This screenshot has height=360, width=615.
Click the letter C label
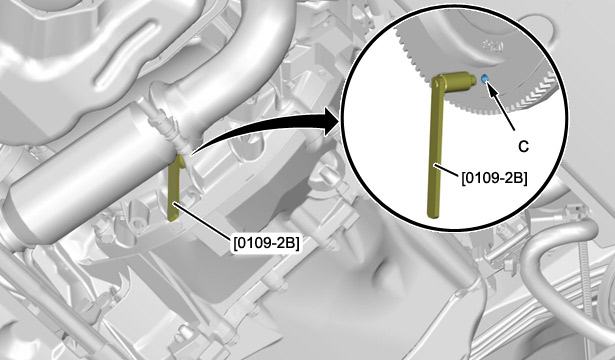coord(523,147)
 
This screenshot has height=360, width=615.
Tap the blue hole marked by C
coord(484,78)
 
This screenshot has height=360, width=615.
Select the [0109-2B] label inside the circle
coord(494,178)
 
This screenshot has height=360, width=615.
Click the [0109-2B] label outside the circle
coord(266,243)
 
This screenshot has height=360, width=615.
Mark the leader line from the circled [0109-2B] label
coord(448,170)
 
